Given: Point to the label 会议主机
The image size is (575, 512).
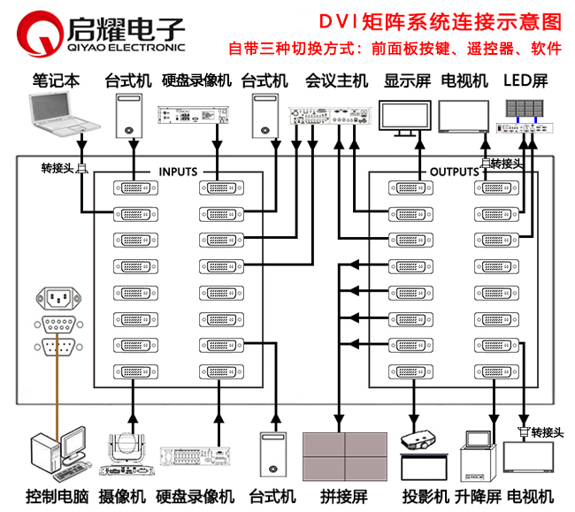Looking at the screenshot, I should pos(336,80).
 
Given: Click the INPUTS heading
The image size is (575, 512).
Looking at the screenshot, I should pos(179,172).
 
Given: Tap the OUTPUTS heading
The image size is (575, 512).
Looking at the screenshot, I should pos(453,172).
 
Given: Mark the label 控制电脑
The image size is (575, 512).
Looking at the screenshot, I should pos(57,495).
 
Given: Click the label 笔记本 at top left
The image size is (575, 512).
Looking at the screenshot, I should pos(56,80).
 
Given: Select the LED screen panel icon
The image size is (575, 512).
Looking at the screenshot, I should pos(528,110).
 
